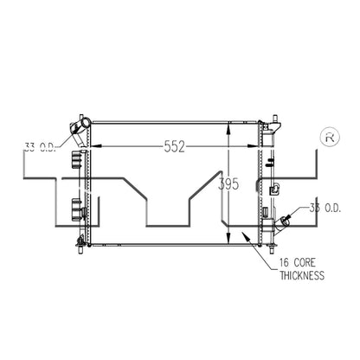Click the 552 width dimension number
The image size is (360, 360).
point(174,146)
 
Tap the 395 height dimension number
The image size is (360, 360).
point(228,184)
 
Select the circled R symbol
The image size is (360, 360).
point(330,138)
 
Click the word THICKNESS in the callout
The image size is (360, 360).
point(302,275)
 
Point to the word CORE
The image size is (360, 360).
point(305,263)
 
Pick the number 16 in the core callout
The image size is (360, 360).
point(284,263)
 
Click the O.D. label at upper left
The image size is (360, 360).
point(48,147)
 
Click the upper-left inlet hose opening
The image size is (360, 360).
point(86,123)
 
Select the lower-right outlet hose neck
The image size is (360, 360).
point(280,227)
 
